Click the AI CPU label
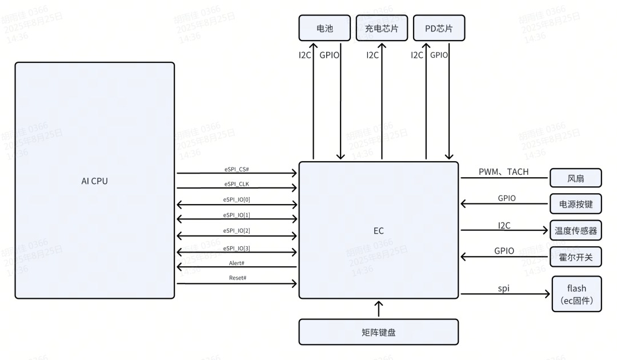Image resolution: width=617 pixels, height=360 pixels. (x=94, y=181)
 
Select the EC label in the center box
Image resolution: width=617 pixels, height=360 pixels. (x=378, y=230)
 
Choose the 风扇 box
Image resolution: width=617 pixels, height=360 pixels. (x=576, y=178)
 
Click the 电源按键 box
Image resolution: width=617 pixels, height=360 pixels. (x=576, y=203)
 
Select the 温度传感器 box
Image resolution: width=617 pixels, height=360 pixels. (x=576, y=231)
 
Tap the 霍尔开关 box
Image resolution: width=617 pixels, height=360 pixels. (x=576, y=257)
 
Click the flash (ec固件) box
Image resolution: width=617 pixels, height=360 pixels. (x=577, y=294)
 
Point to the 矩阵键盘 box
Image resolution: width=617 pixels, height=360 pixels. (x=378, y=332)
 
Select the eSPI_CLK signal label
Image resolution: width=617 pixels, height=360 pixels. (x=237, y=183)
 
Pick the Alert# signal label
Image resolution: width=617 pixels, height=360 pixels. (x=237, y=262)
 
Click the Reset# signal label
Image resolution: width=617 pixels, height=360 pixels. (x=237, y=278)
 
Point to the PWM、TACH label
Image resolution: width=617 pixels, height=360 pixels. (x=503, y=172)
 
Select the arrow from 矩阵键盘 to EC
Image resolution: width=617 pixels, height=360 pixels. (x=378, y=309)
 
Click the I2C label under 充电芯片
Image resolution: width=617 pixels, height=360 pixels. (x=372, y=55)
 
